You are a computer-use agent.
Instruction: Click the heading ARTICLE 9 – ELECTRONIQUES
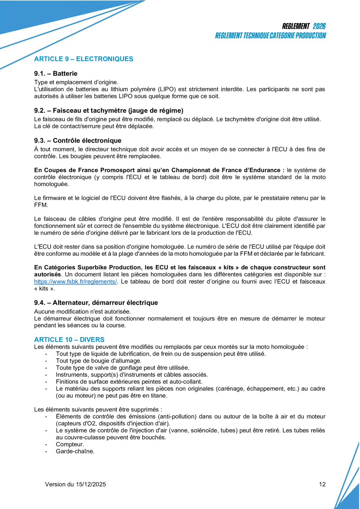point(83,59)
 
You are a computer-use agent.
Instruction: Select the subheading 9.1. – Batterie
point(56,73)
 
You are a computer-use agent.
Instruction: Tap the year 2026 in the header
point(319,26)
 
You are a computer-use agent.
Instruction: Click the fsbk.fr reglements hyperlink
point(75,282)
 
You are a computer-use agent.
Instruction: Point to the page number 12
point(322,484)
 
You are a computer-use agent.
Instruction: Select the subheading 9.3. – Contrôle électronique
point(78,141)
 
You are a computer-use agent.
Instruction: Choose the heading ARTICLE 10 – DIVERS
point(69,339)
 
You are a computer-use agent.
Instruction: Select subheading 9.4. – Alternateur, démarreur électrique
point(96,303)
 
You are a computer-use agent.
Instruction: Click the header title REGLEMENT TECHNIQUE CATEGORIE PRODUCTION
point(270,36)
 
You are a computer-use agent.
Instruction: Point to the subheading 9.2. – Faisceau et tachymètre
point(109,110)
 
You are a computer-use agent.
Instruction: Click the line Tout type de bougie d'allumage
point(98,361)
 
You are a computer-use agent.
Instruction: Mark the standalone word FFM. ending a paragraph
point(41,205)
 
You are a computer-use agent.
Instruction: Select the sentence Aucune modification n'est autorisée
point(82,312)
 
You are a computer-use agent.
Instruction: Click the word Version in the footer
point(55,484)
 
